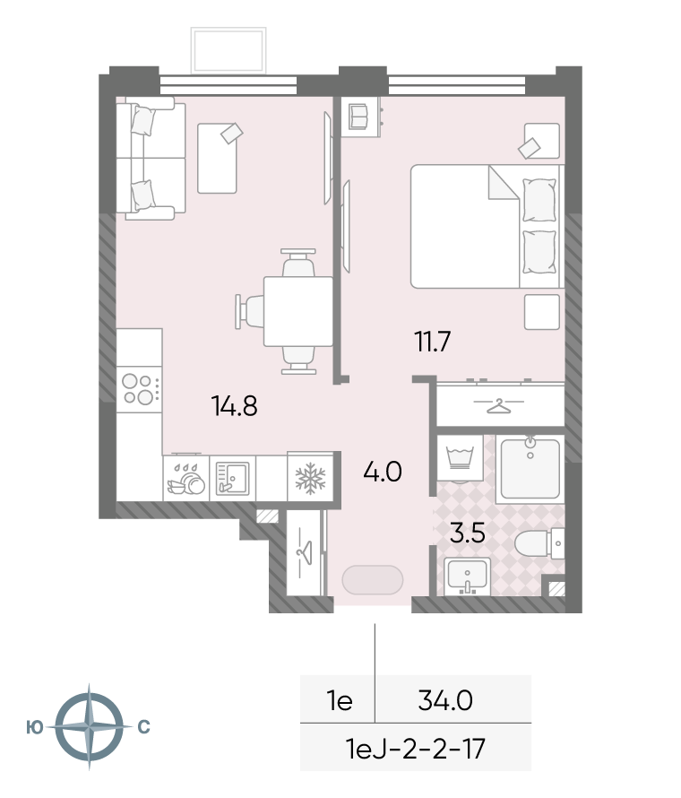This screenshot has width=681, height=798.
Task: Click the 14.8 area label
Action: pyautogui.click(x=235, y=406)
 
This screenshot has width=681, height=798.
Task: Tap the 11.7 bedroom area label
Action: pyautogui.click(x=433, y=342)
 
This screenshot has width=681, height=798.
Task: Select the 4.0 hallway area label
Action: pyautogui.click(x=383, y=472)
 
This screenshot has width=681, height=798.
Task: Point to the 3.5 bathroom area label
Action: pyautogui.click(x=468, y=533)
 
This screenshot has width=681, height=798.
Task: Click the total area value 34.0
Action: pyautogui.click(x=445, y=701)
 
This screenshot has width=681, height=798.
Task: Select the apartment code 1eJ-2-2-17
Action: pyautogui.click(x=415, y=749)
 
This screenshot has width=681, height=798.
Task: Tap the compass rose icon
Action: pyautogui.click(x=89, y=726)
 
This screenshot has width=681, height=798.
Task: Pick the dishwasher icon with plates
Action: pyautogui.click(x=186, y=479)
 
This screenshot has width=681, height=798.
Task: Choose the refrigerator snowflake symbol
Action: pyautogui.click(x=310, y=479)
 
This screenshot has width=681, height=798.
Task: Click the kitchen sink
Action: pyautogui.click(x=232, y=479)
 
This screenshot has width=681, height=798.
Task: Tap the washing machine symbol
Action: pyautogui.click(x=460, y=458)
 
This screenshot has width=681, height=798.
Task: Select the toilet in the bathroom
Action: pyautogui.click(x=539, y=543)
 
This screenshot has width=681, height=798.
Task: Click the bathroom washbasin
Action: pyautogui.click(x=467, y=577)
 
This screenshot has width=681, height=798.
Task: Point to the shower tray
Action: pyautogui.click(x=530, y=469)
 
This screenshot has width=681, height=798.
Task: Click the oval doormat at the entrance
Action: pyautogui.click(x=373, y=579)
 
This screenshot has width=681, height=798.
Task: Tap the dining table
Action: pyautogui.click(x=298, y=311)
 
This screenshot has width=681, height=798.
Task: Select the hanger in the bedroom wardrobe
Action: pyautogui.click(x=498, y=405)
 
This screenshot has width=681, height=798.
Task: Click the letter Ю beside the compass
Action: pyautogui.click(x=35, y=727)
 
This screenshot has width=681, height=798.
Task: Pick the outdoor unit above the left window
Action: pyautogui.click(x=228, y=50)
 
